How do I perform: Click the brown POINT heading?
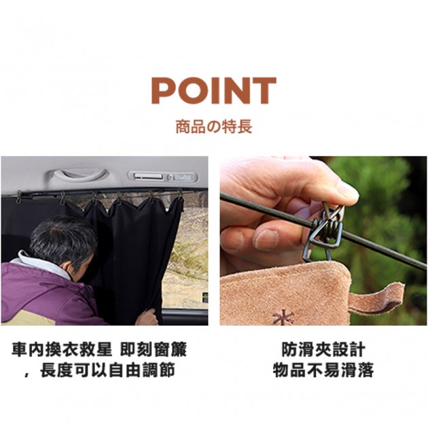point(214,90)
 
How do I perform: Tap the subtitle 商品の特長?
point(214,127)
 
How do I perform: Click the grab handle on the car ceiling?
point(79,175)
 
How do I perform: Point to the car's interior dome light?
point(162,177)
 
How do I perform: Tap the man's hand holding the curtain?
point(147,317)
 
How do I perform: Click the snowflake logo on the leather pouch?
point(283,317)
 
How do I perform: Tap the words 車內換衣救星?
point(62,349)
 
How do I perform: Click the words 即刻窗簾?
point(154,349)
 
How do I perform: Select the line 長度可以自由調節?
point(107,370)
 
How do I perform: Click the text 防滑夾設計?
point(323,349)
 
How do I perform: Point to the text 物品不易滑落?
point(323,370)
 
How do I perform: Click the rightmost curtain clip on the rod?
point(179,195)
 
